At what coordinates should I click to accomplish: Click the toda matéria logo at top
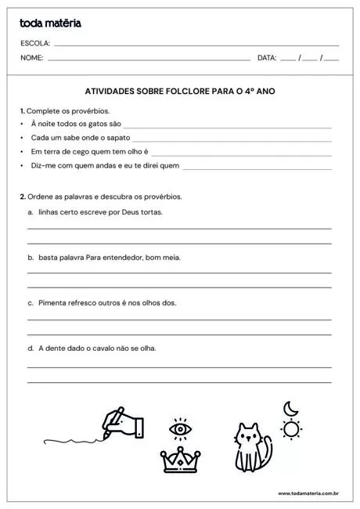pos(50,24)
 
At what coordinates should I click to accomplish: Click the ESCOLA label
pos(35,44)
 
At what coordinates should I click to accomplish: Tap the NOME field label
pos(31,58)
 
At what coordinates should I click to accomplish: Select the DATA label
pos(267,58)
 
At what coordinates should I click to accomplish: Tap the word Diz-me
pos(42,166)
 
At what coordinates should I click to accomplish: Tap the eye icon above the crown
pos(181,429)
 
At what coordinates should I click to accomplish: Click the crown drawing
pos(181,460)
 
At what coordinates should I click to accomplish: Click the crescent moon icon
pos(290,408)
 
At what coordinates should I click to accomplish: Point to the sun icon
pos(292,428)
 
